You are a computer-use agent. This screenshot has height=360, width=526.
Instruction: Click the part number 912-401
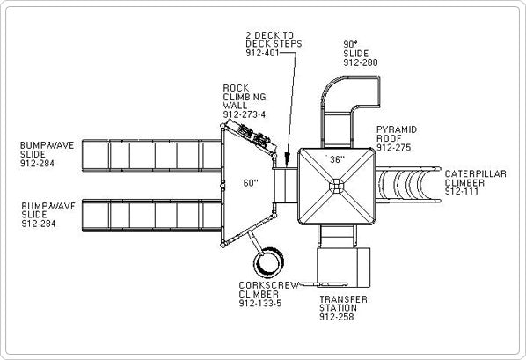point(262,53)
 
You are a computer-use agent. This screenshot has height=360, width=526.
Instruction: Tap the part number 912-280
point(361,62)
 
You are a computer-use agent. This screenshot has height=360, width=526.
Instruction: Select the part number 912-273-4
point(245,114)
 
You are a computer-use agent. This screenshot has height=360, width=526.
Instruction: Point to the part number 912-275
point(393,147)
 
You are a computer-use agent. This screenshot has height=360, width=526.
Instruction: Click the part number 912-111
point(462,191)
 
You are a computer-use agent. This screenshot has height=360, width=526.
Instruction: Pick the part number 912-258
point(337,317)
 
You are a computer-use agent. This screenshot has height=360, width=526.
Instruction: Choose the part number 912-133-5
point(260,304)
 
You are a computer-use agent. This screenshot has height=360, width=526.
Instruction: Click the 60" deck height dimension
point(251,183)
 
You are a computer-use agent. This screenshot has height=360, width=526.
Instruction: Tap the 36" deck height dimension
point(337,159)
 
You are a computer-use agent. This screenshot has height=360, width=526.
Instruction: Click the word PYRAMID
point(397,129)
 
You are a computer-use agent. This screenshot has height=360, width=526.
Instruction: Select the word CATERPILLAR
point(475,174)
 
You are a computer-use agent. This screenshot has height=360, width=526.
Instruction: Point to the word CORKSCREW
point(269,285)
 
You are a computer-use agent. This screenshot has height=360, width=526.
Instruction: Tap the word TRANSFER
point(343,299)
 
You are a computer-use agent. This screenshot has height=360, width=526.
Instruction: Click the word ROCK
point(236,88)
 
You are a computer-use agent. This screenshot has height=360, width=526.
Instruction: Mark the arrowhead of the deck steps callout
point(287,159)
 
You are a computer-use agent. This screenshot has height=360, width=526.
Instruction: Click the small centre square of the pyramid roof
point(337,186)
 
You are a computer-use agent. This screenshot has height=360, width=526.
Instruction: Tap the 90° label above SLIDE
point(349,45)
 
